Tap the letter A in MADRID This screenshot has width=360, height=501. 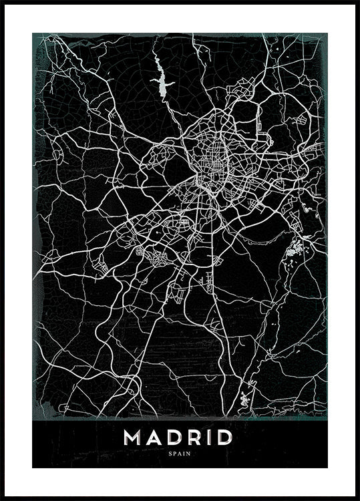click(x=154, y=438)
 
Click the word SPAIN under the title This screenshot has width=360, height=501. click(x=180, y=454)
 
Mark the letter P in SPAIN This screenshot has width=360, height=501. click(x=176, y=454)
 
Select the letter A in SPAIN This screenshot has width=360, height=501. click(x=180, y=454)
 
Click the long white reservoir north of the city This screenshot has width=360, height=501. click(x=162, y=79)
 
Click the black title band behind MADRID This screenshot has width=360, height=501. click(x=80, y=444)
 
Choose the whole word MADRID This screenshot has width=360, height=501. click(x=179, y=438)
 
